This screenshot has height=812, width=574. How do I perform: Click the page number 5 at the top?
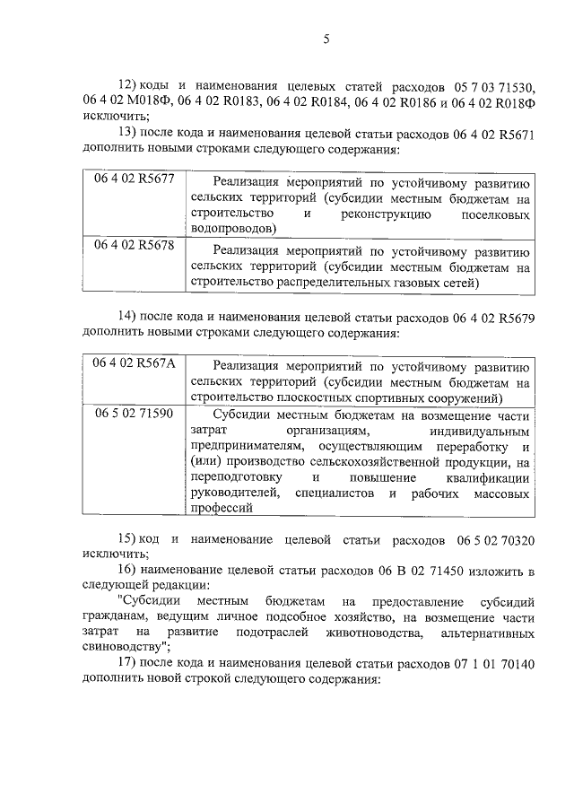coord(326,39)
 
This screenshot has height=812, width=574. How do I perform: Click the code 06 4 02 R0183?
coord(233,102)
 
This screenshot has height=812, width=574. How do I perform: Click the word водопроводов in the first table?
coord(232,229)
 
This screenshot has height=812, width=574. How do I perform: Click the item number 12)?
coord(131,87)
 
